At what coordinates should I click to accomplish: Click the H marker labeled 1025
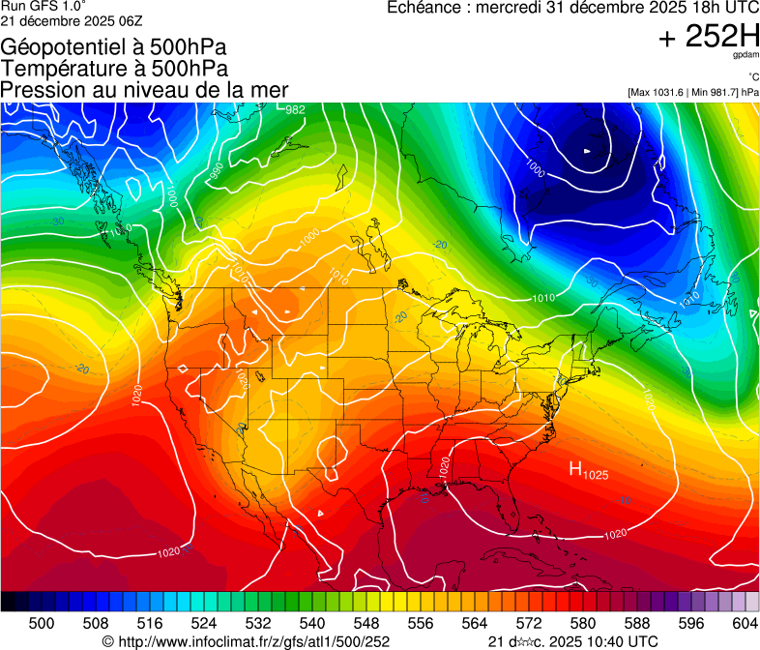point(588,471)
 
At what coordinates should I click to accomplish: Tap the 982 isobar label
point(295,109)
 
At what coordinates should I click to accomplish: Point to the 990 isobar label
point(217,171)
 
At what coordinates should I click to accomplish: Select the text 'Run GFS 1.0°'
point(36,7)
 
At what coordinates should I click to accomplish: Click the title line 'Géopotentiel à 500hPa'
point(115,47)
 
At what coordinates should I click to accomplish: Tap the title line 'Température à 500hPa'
point(115,69)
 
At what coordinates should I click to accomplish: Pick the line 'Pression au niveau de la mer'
point(145,90)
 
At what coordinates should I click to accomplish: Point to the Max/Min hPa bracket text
point(692,92)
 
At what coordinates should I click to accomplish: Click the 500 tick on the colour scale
point(42,622)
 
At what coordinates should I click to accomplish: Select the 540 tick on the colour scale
point(312,622)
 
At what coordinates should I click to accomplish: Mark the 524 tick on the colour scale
point(204,622)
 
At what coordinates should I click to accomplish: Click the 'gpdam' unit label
point(745,56)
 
